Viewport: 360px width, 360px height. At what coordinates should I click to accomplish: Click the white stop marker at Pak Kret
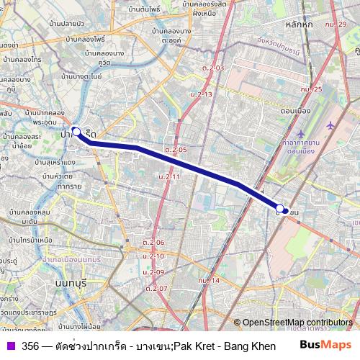coord(76,132)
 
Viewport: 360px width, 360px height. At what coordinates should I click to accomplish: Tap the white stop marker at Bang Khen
coord(280,211)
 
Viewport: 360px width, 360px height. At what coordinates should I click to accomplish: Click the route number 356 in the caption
coord(30,346)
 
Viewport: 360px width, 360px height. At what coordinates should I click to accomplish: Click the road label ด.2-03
coord(213,68)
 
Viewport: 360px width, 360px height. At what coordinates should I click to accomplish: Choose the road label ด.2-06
coord(153,243)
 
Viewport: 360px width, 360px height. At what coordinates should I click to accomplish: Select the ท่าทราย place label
coord(69,185)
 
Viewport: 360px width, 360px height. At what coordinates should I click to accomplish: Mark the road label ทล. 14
coord(209,279)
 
